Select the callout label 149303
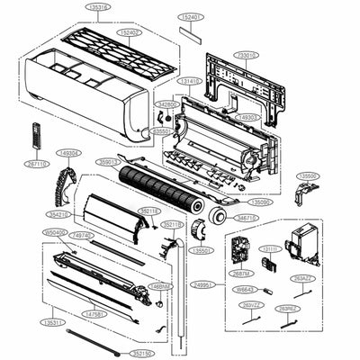[x=248, y=117]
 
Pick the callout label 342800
[x=168, y=104]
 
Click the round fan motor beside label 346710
[x=217, y=217]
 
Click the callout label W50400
[x=55, y=232]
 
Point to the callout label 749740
[x=81, y=235]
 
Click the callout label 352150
[x=137, y=354]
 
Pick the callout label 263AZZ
[x=303, y=280]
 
